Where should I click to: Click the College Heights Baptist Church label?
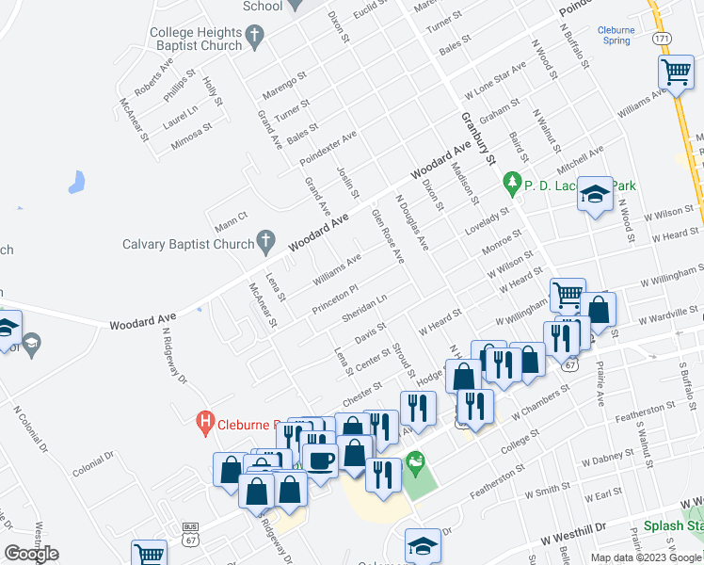(196, 39)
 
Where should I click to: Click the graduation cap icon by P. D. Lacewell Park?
(594, 195)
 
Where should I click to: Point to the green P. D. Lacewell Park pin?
(512, 180)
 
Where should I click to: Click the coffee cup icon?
(320, 460)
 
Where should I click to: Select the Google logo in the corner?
(32, 553)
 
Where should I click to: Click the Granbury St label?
(477, 138)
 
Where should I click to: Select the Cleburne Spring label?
(616, 36)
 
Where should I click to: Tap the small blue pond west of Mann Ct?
(76, 181)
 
